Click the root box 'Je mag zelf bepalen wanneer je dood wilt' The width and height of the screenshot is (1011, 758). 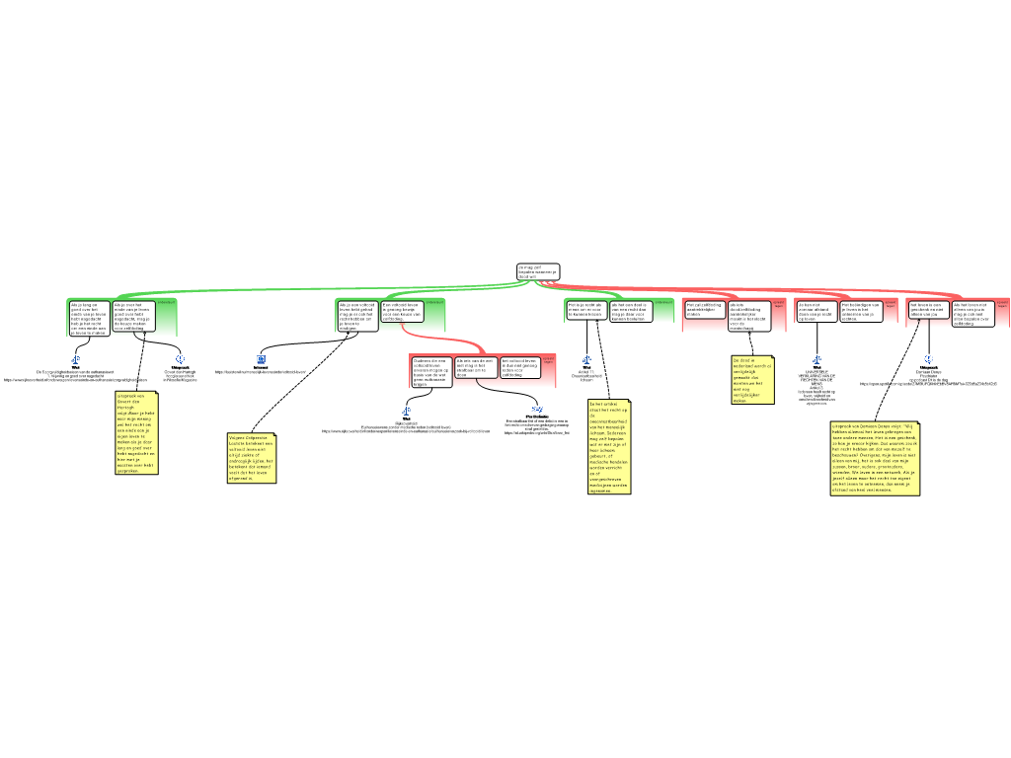pos(538,271)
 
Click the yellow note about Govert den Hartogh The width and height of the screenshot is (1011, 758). pos(136,433)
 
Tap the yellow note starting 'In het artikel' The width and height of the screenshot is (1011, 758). pos(608,447)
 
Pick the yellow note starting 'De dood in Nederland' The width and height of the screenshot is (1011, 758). pos(752,380)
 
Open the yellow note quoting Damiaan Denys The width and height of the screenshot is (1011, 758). pos(875,458)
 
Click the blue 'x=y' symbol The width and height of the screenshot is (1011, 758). pos(537,410)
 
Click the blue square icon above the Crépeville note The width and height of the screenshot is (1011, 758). pos(261,359)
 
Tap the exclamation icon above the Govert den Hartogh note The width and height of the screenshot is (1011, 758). pos(181,359)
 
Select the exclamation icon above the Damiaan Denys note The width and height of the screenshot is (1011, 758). pos(929,359)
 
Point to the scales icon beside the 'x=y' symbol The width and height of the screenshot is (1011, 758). pos(406,411)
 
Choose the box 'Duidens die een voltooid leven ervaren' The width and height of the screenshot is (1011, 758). pos(431,371)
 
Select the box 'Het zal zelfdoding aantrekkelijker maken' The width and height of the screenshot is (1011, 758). pos(704,310)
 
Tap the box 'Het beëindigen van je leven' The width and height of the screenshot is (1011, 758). pos(860,311)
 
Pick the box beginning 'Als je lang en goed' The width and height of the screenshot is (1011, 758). pos(88,318)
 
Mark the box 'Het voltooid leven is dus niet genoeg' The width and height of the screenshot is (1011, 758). pos(520,368)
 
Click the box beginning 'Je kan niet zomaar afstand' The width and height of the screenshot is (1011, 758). pos(817,311)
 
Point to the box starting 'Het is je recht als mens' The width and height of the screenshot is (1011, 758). pos(585,311)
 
